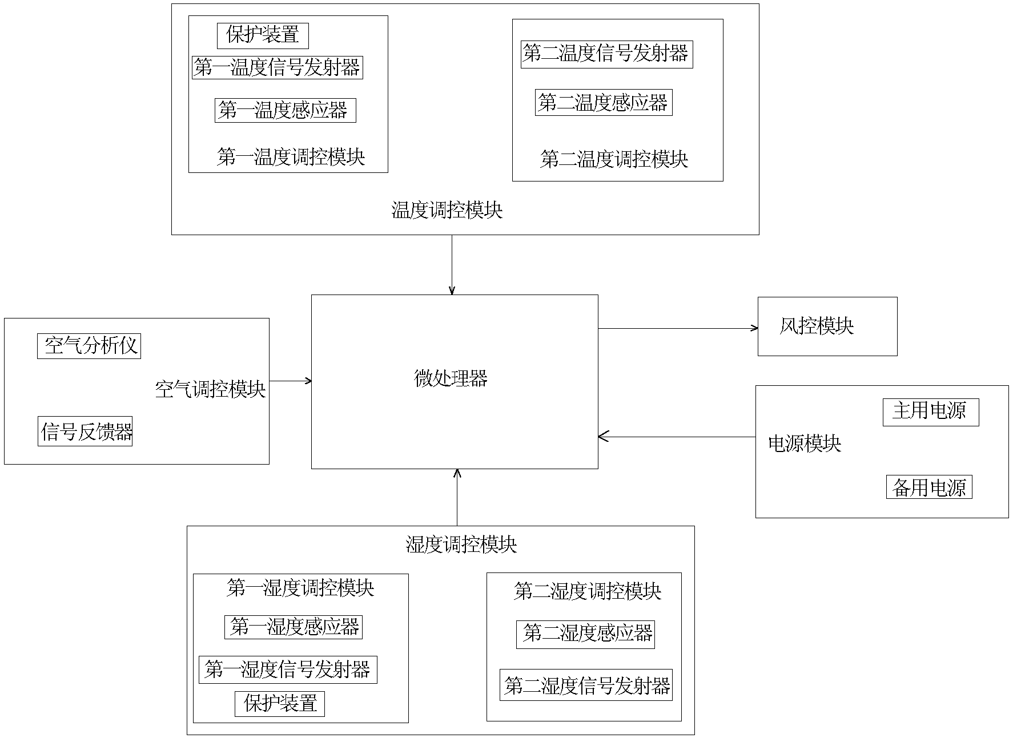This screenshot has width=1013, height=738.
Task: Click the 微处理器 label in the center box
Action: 451,379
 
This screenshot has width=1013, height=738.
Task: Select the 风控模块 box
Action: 827,326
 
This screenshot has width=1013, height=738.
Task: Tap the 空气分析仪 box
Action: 89,346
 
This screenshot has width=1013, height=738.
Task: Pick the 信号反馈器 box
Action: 85,431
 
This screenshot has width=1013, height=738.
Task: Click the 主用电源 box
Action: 930,412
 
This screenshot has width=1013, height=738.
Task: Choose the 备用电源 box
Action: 928,487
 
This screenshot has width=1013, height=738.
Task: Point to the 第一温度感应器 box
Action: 285,110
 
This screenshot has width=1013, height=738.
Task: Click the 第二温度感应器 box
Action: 603,103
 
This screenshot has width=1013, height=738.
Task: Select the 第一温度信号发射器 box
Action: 277,67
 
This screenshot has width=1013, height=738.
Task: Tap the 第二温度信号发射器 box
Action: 606,54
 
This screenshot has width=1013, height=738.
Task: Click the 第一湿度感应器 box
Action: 294,627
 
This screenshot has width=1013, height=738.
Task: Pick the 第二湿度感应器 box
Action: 585,634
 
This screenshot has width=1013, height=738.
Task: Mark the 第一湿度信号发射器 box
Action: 288,670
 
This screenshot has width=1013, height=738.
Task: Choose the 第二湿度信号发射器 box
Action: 586,685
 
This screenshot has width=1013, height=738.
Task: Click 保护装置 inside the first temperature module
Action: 263,35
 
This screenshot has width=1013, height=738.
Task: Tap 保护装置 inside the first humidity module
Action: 280,704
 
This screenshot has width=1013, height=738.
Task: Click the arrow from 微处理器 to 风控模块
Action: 678,328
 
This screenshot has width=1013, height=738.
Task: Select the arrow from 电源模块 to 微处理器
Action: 677,437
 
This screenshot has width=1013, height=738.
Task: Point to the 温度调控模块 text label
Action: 447,211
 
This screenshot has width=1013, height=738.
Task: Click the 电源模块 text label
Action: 804,444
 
